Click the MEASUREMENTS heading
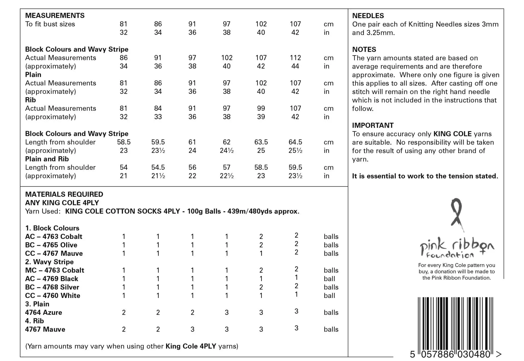[55, 16]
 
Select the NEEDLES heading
[368, 16]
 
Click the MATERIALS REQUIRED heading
[64, 194]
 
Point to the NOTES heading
[364, 50]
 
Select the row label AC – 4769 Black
[51, 279]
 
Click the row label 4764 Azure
[43, 312]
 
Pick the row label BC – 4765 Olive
[51, 245]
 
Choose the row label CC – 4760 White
[53, 296]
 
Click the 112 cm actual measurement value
[295, 58]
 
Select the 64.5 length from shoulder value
[295, 142]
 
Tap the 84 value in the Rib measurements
[158, 109]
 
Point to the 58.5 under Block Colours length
[124, 142]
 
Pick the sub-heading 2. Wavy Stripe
[49, 262]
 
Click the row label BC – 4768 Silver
[52, 287]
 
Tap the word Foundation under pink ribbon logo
[450, 255]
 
